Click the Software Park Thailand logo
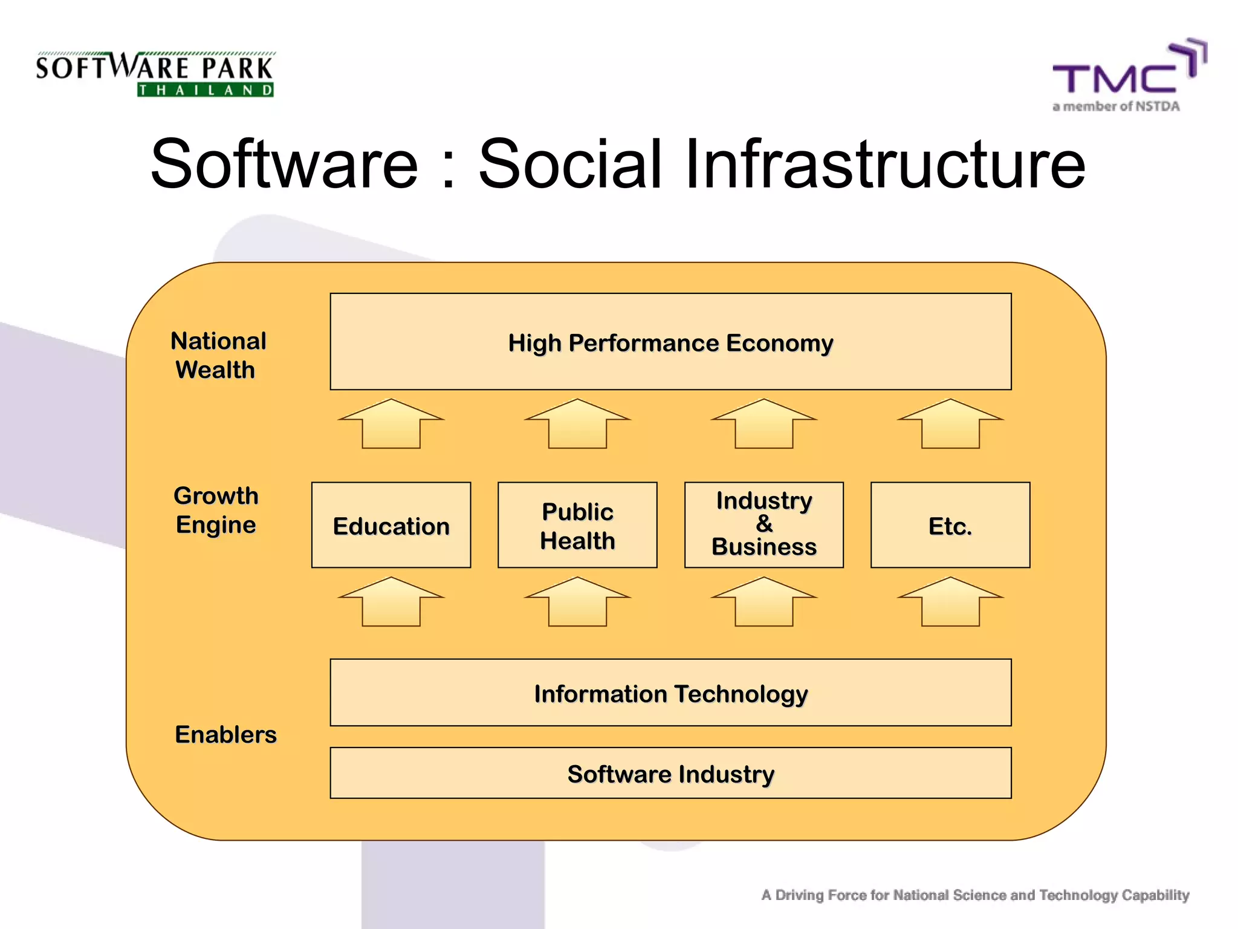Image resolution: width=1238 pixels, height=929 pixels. (x=155, y=74)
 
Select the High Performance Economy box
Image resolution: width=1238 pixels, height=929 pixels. (x=670, y=342)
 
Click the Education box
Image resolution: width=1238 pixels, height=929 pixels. (x=391, y=525)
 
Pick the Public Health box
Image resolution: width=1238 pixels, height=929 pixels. (x=577, y=525)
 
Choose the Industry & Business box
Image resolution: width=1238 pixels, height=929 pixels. (x=763, y=525)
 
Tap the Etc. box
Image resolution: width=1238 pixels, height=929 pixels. (x=950, y=525)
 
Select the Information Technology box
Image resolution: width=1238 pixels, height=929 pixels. (x=670, y=693)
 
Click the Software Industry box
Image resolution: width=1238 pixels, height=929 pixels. (x=670, y=773)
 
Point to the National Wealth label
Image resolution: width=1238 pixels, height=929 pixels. (x=218, y=355)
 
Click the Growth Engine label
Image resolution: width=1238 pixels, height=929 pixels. (x=216, y=510)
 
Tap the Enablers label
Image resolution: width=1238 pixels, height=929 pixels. (x=225, y=734)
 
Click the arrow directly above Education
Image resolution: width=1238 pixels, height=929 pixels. (x=391, y=425)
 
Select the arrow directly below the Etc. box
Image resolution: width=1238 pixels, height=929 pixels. (x=950, y=603)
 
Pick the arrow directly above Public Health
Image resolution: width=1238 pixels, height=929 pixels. (x=577, y=425)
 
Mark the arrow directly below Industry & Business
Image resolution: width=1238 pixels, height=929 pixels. (x=763, y=603)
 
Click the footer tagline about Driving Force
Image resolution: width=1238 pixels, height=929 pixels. (x=975, y=895)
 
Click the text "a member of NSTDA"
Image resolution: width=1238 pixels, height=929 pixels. (x=1116, y=106)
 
